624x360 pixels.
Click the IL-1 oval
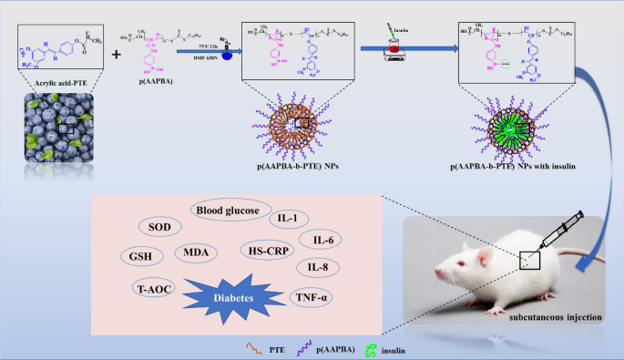[x=288, y=219]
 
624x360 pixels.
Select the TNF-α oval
[x=312, y=297]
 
